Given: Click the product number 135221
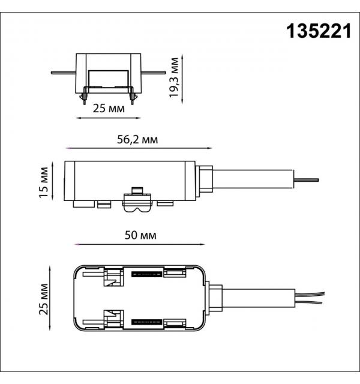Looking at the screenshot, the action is [319, 31].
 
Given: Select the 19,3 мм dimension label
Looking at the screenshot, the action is [174, 77].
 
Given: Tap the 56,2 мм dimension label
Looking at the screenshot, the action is [137, 140].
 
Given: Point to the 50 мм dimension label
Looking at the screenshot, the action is [140, 235].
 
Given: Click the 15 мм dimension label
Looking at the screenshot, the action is [44, 182].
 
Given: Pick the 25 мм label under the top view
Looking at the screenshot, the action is [109, 108].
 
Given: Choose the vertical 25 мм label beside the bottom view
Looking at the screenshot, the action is [44, 299].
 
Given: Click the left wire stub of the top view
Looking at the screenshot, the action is [64, 73].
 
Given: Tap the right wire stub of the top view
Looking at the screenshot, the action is [154, 73].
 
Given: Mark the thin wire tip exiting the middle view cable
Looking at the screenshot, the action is [306, 180].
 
